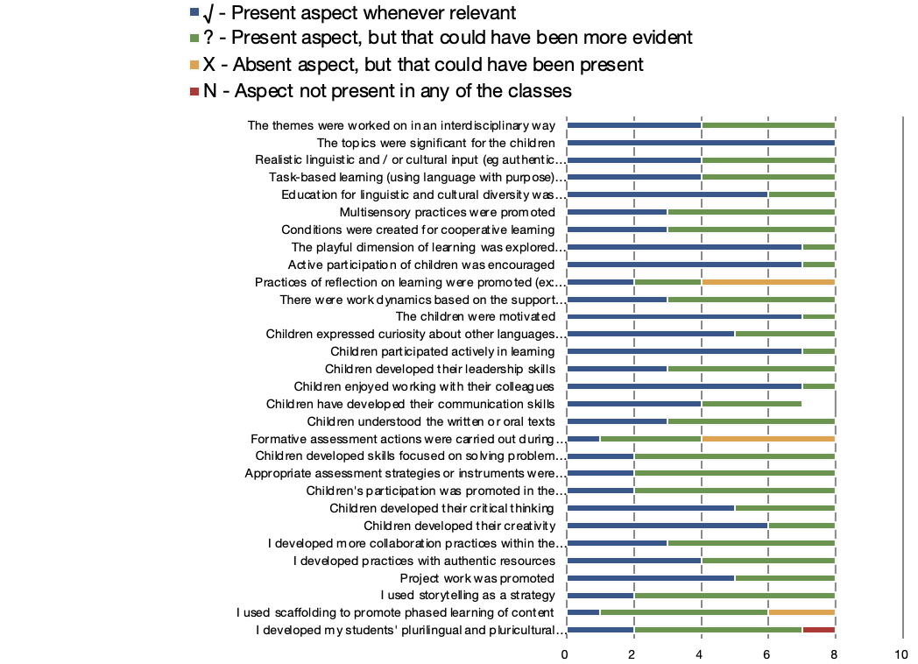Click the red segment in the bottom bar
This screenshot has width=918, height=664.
(x=818, y=630)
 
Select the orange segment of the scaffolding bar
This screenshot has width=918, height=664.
(x=801, y=612)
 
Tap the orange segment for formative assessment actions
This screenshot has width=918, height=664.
(x=768, y=439)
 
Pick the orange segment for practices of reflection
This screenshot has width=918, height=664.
(x=768, y=282)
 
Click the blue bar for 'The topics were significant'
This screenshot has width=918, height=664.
(x=701, y=142)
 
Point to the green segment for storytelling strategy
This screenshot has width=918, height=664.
(x=734, y=596)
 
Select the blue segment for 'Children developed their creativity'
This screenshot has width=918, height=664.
(x=667, y=526)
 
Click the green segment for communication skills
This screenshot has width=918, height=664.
(x=752, y=404)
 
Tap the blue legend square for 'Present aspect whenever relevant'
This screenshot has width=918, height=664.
(x=194, y=11)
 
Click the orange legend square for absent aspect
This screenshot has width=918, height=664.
(x=194, y=65)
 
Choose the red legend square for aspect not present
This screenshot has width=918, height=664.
(x=194, y=91)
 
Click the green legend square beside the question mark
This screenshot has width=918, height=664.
(x=194, y=38)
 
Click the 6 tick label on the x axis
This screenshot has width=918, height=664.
(x=767, y=654)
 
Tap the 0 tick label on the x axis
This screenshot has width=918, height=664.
(x=564, y=654)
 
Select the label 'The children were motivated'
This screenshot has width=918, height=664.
(x=476, y=317)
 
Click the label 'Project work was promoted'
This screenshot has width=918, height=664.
(x=477, y=578)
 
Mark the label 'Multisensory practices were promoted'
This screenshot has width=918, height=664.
(x=448, y=212)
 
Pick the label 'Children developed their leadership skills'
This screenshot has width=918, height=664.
(x=441, y=369)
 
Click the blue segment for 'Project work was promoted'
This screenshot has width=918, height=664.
(x=651, y=578)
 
